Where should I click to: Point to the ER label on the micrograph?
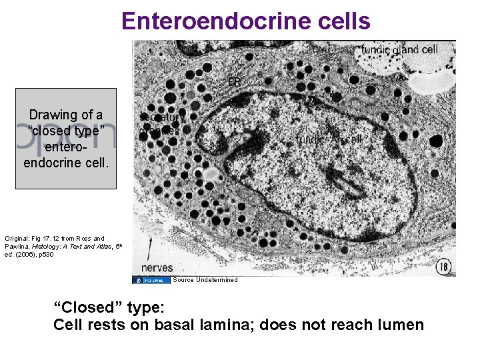pos(234,82)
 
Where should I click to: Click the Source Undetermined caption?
pos(205,280)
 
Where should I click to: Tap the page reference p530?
pos(48,254)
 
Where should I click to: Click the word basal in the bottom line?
pos(175,325)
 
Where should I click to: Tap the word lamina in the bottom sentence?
pos(225,325)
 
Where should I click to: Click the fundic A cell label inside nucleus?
pos(329,139)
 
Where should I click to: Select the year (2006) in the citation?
pos(23,254)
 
